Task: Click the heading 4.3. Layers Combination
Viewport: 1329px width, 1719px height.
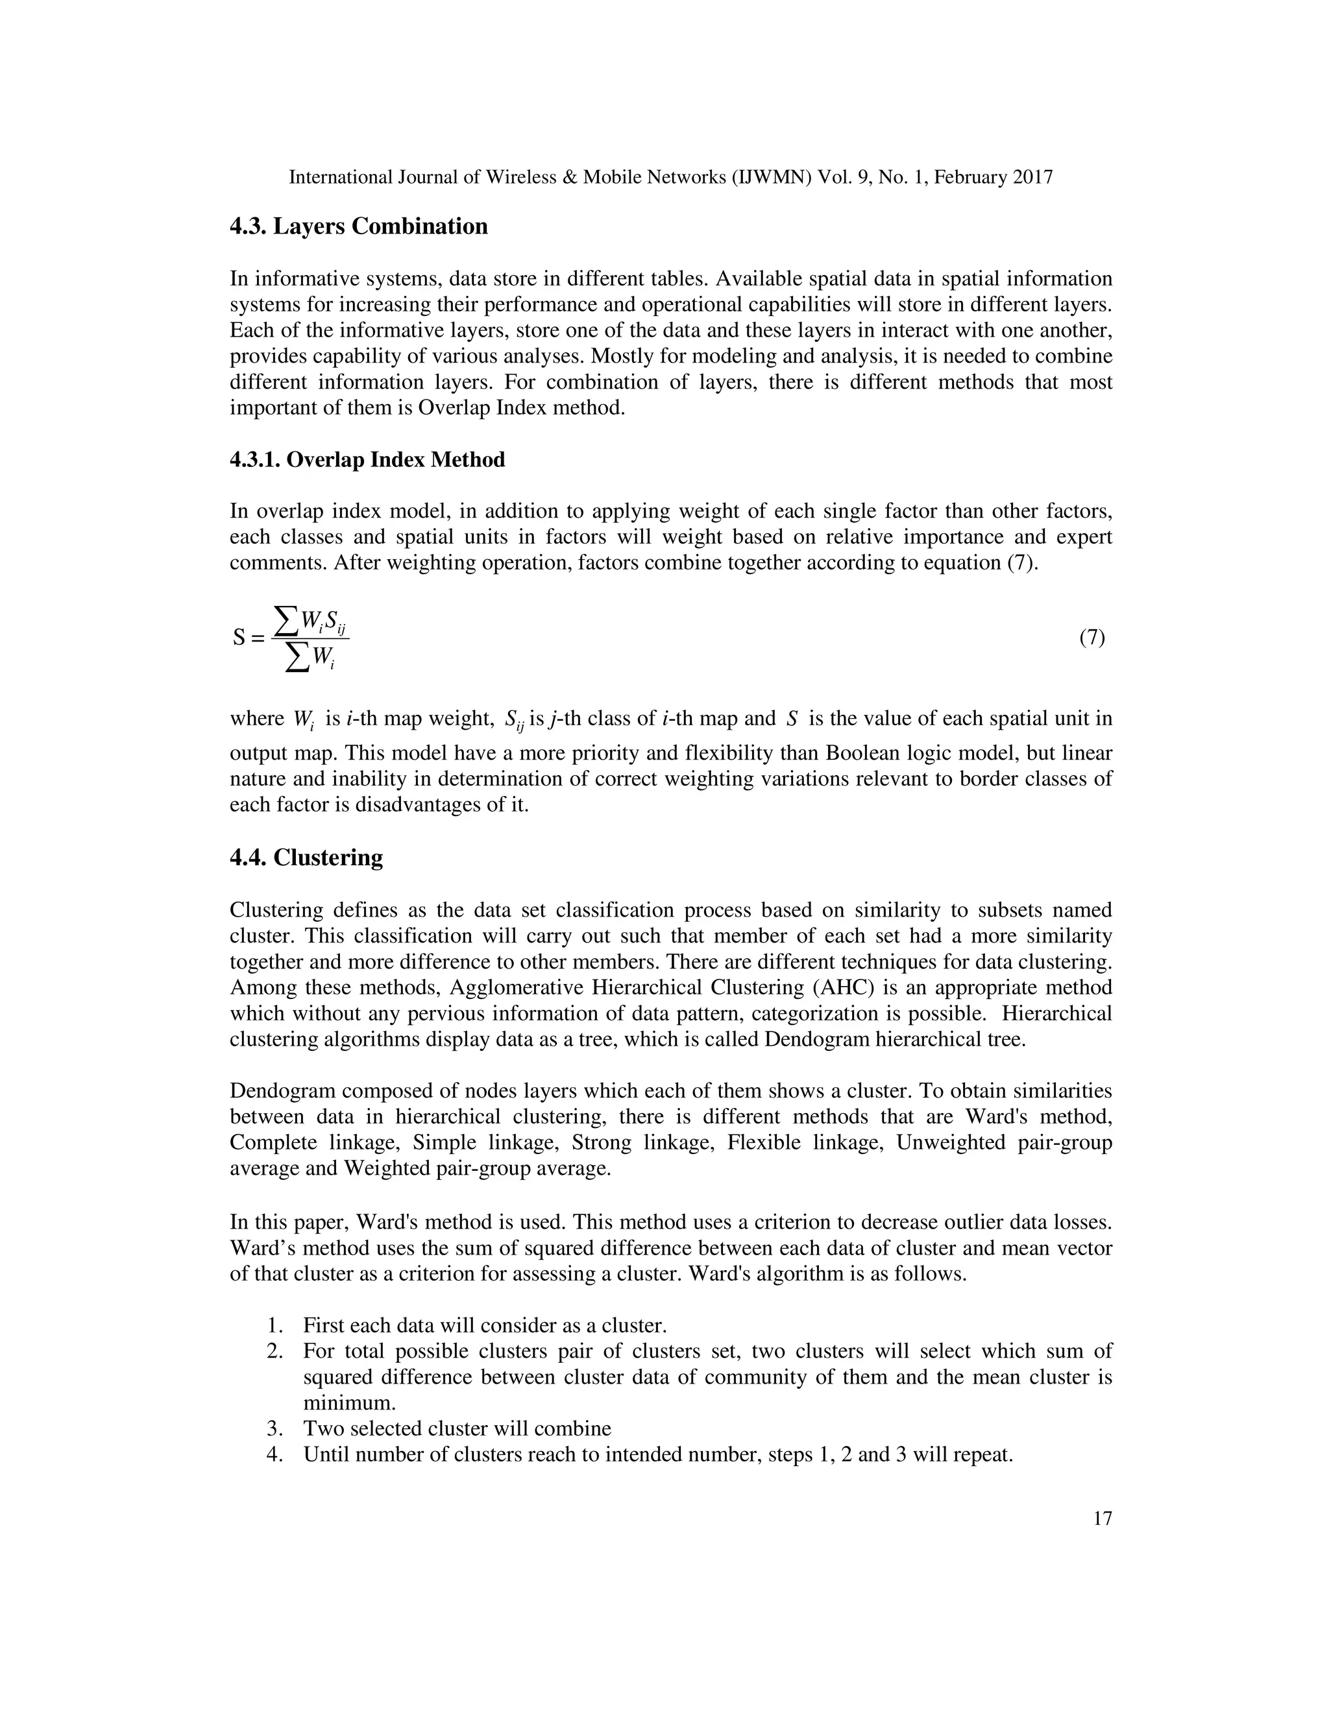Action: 358,226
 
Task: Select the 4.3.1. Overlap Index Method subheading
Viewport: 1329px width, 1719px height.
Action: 367,460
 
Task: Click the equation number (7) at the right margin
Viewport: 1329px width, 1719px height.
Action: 1092,638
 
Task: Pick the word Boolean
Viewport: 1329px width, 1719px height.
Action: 861,753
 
